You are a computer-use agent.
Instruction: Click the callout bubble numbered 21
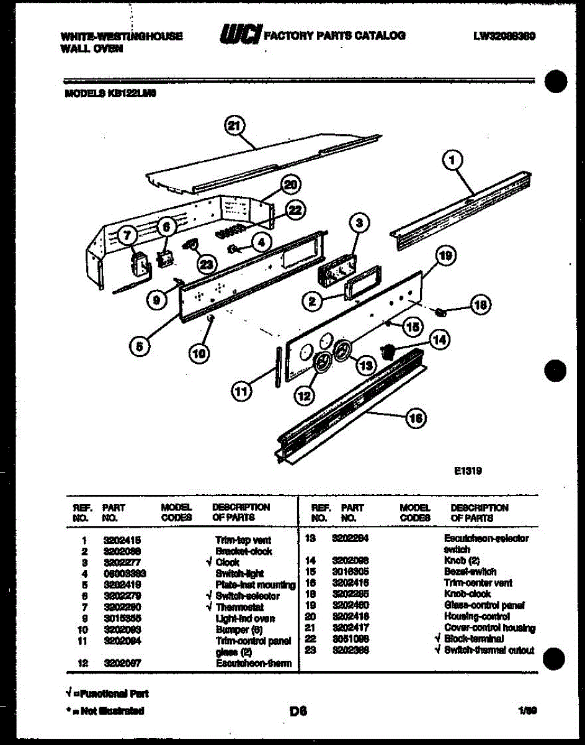[x=233, y=126]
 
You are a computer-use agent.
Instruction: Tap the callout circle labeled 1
[x=452, y=160]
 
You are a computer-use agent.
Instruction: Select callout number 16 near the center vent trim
[x=415, y=419]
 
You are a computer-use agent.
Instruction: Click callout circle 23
[x=205, y=263]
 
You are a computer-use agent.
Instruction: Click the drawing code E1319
[x=467, y=471]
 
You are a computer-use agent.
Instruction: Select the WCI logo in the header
[x=240, y=35]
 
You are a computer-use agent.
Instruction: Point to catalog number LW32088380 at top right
[x=504, y=36]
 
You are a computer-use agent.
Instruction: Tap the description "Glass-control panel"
[x=485, y=605]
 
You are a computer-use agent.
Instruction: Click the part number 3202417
[x=351, y=628]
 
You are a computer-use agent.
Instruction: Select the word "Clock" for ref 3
[x=228, y=562]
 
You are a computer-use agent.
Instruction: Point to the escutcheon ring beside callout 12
[x=322, y=363]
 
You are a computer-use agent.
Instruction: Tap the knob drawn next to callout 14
[x=388, y=350]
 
